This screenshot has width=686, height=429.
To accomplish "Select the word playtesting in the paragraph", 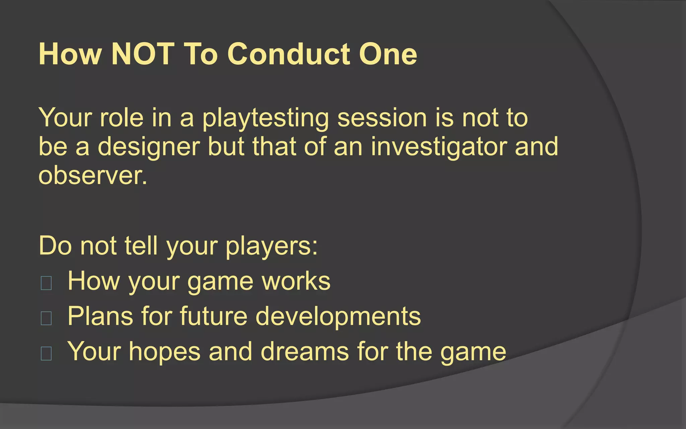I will click(x=266, y=118).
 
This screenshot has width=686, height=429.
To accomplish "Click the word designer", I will click(x=149, y=147).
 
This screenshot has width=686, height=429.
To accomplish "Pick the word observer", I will click(x=92, y=176).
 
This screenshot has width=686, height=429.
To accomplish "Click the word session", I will click(x=382, y=118).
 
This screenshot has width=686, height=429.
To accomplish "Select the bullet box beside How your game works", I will click(x=46, y=283).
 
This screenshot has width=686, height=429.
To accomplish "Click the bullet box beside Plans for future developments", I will click(x=46, y=318).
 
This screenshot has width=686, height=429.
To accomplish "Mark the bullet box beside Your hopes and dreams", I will click(x=46, y=353).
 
